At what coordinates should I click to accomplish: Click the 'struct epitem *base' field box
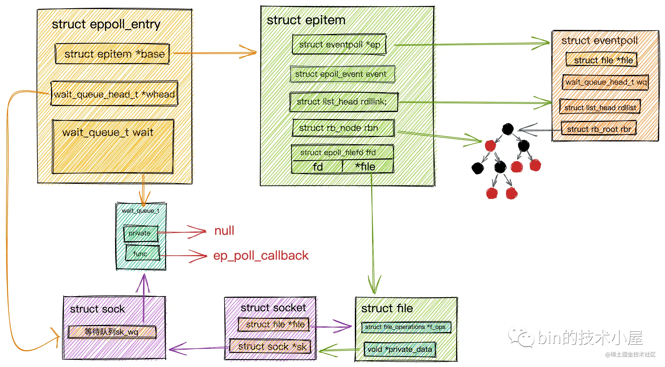pyautogui.click(x=112, y=54)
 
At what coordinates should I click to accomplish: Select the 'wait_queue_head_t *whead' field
pyautogui.click(x=114, y=93)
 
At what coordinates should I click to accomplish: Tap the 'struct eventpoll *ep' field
pyautogui.click(x=339, y=44)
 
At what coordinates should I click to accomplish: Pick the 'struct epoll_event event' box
pyautogui.click(x=342, y=74)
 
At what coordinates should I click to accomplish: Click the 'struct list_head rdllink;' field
pyautogui.click(x=344, y=102)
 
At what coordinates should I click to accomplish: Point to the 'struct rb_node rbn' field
pyautogui.click(x=343, y=128)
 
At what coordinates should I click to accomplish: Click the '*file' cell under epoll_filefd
pyautogui.click(x=367, y=167)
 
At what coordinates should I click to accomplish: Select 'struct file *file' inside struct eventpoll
pyautogui.click(x=601, y=60)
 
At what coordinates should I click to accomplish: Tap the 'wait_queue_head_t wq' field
pyautogui.click(x=605, y=82)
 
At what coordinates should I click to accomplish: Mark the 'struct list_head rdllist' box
pyautogui.click(x=600, y=107)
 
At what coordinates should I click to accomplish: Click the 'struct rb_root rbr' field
pyautogui.click(x=599, y=129)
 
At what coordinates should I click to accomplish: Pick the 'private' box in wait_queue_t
pyautogui.click(x=140, y=233)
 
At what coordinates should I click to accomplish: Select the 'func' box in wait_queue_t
pyautogui.click(x=142, y=253)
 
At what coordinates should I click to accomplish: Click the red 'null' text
pyautogui.click(x=224, y=231)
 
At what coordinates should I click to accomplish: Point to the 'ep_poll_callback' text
pyautogui.click(x=261, y=256)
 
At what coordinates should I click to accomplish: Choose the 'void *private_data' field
pyautogui.click(x=400, y=349)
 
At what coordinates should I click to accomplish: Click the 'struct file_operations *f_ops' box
pyautogui.click(x=406, y=327)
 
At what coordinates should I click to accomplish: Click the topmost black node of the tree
pyautogui.click(x=508, y=129)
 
